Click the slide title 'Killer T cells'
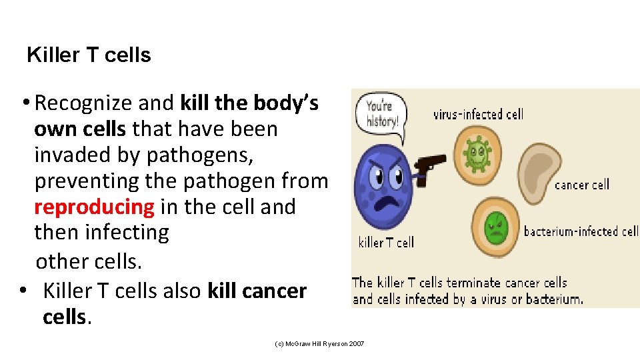coord(89,55)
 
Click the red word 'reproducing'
coord(94,207)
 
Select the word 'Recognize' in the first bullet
coord(83,103)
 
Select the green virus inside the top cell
coord(476,154)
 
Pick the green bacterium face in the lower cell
coord(496,229)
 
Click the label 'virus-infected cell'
coord(478,114)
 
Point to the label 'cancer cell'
coord(582,185)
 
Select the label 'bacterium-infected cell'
coord(581,231)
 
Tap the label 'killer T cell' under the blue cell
coord(386,243)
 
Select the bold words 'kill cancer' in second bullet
coord(257,291)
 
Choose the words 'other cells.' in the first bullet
coord(89,261)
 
